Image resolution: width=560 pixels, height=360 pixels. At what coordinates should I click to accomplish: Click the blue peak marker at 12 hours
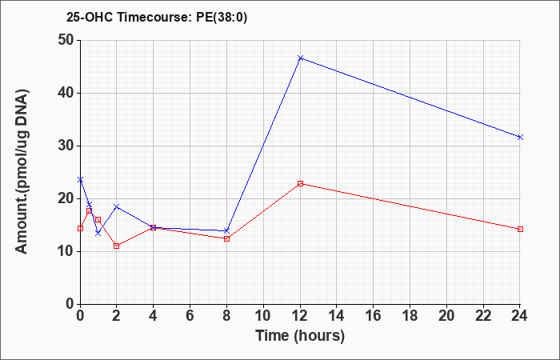tap(300, 58)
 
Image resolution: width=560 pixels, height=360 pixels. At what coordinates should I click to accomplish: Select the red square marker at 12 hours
tap(300, 183)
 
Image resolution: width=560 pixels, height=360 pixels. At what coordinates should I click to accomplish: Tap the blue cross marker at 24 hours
tap(520, 137)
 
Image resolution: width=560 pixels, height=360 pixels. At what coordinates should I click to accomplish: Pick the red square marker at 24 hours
tap(520, 230)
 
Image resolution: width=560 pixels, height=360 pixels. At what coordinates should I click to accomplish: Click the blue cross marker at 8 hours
tap(226, 230)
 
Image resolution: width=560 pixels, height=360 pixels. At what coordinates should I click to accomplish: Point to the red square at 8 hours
tap(226, 238)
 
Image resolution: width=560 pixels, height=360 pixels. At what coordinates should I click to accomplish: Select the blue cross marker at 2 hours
tap(117, 206)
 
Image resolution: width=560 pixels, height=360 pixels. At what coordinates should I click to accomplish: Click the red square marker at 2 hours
tap(117, 246)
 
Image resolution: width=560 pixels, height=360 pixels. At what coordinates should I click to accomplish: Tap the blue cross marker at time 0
tap(80, 180)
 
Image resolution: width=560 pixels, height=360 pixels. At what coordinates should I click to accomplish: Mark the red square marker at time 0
tap(80, 228)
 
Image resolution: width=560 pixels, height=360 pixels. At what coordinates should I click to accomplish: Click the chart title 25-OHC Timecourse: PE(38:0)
tap(157, 18)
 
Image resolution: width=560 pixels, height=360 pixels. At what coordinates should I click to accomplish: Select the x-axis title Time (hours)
tap(300, 336)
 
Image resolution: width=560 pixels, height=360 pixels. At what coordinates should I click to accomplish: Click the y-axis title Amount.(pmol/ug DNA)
tap(22, 172)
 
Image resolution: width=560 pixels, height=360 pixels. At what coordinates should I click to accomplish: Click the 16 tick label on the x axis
tap(374, 316)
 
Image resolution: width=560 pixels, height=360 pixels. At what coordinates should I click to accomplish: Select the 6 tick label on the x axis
tap(190, 316)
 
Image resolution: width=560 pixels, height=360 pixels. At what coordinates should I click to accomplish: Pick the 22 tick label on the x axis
tap(483, 316)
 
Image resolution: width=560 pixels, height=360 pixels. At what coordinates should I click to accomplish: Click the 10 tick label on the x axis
tap(263, 316)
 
